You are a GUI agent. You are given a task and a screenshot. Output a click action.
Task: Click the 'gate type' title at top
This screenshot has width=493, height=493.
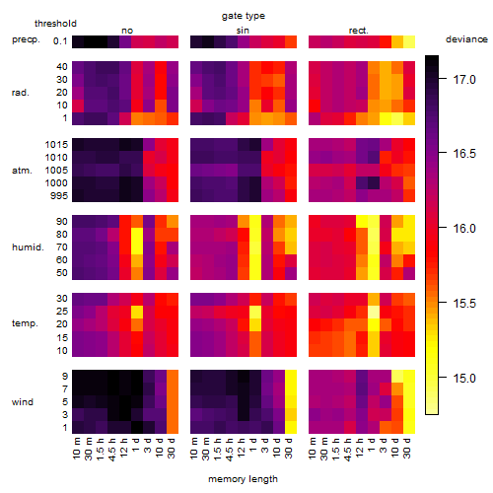pyautogui.click(x=244, y=16)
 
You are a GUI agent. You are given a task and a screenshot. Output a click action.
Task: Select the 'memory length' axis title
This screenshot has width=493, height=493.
pyautogui.click(x=244, y=479)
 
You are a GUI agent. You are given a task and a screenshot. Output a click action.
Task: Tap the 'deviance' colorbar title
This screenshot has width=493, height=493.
pyautogui.click(x=466, y=39)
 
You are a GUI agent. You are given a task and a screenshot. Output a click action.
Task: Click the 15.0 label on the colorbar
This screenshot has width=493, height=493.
pyautogui.click(x=464, y=378)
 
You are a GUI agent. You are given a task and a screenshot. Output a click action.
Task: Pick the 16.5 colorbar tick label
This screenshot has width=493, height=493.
pyautogui.click(x=464, y=153)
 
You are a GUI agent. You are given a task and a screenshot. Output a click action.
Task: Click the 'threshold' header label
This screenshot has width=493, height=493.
pyautogui.click(x=55, y=24)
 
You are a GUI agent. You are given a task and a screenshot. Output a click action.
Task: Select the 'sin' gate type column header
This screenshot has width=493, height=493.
pyautogui.click(x=243, y=31)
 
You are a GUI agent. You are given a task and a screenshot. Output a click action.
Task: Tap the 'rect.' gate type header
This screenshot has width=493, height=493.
pyautogui.click(x=359, y=31)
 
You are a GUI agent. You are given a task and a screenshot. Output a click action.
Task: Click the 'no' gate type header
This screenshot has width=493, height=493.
pyautogui.click(x=127, y=31)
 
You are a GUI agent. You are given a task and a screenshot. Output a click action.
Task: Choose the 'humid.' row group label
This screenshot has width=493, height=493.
pyautogui.click(x=28, y=247)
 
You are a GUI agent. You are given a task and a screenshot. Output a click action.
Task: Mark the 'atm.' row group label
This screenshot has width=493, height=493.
pyautogui.click(x=22, y=171)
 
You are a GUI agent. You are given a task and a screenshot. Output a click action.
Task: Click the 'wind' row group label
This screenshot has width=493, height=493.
pyautogui.click(x=23, y=402)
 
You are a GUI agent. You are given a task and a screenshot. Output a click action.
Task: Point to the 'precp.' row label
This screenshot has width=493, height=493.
pyautogui.click(x=26, y=39)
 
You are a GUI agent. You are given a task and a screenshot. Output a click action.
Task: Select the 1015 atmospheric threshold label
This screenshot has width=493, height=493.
pyautogui.click(x=56, y=145)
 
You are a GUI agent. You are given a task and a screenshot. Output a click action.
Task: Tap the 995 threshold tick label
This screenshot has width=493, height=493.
pyautogui.click(x=59, y=196)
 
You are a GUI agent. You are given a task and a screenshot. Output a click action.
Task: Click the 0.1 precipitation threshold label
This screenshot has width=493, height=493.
pyautogui.click(x=60, y=41)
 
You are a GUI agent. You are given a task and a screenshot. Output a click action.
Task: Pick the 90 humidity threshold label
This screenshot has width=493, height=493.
pyautogui.click(x=62, y=222)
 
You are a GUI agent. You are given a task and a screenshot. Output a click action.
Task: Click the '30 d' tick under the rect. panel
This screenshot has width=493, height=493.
pyautogui.click(x=407, y=448)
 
